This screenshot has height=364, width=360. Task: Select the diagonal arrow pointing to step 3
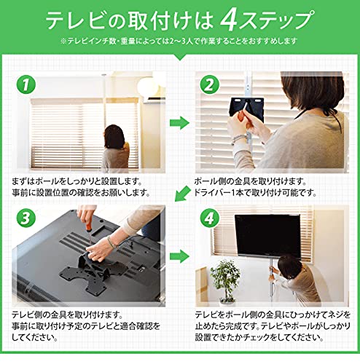[179, 194]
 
